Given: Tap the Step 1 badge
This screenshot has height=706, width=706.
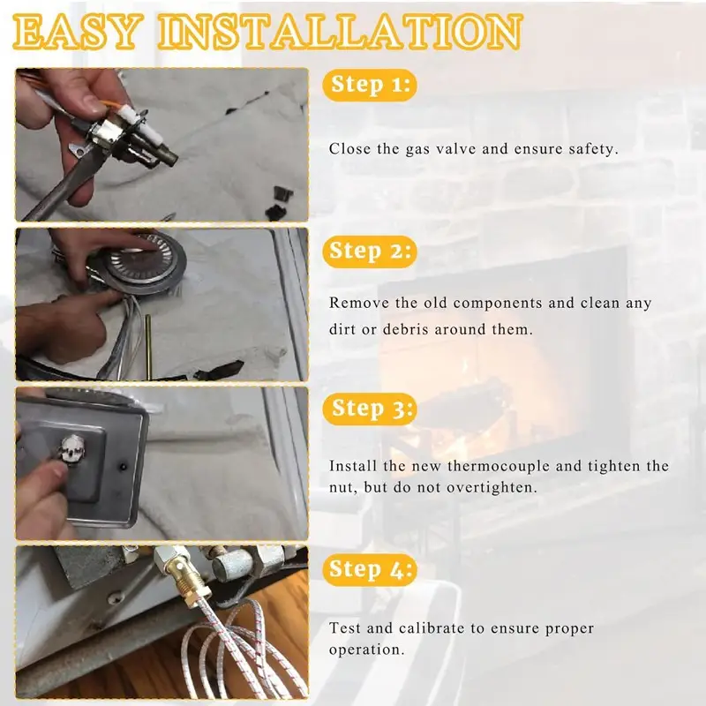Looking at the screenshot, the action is (370, 85).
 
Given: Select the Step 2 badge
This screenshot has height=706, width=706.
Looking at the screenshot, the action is (370, 252).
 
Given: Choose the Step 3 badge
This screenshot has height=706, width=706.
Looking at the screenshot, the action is (370, 409).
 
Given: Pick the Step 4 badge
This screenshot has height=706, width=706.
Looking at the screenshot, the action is (370, 569).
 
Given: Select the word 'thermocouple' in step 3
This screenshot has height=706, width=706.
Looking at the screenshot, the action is (499, 466).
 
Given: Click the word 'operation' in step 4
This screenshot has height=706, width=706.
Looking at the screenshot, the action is (364, 650).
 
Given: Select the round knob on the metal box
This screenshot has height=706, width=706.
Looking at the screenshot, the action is (72, 448).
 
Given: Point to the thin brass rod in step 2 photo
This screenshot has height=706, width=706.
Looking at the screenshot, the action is (148, 346).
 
